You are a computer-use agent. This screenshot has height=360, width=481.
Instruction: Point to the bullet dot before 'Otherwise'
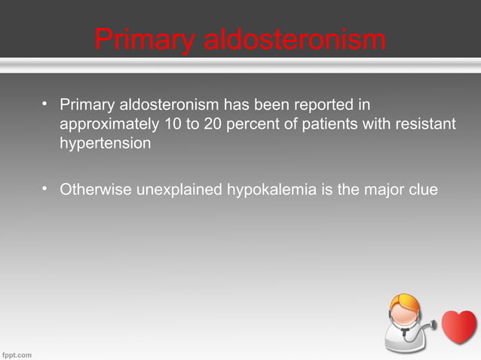(45, 188)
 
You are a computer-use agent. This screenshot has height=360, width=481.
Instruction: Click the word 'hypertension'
(106, 144)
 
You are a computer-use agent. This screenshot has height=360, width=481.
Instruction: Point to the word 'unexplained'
(179, 190)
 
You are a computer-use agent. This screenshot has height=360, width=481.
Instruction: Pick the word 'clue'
(422, 189)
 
